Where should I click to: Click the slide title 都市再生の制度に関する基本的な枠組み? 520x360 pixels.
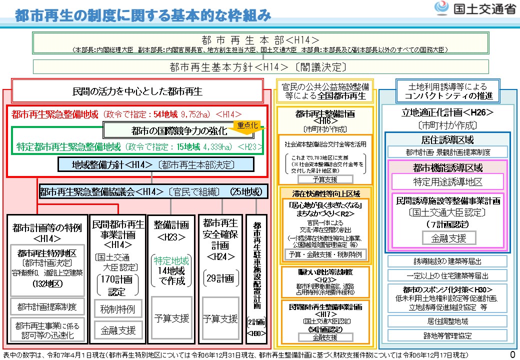[143, 15]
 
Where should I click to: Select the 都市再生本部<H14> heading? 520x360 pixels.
[260, 39]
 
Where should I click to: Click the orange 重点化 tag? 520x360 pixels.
[247, 125]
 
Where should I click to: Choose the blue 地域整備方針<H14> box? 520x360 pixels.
[156, 164]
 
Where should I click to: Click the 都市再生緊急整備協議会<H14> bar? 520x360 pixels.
[153, 191]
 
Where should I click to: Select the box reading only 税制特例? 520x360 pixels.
[118, 308]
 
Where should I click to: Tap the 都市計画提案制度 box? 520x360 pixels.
[46, 306]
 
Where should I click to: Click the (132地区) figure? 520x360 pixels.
[46, 283]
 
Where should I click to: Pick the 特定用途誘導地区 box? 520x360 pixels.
[448, 181]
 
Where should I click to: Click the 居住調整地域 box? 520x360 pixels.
[447, 320]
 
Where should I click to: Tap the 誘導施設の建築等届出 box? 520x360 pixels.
[447, 261]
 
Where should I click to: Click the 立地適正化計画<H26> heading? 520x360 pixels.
[447, 112]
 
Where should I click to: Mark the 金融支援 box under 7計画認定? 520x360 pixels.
[447, 238]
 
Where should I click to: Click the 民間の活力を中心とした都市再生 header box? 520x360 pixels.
[137, 91]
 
